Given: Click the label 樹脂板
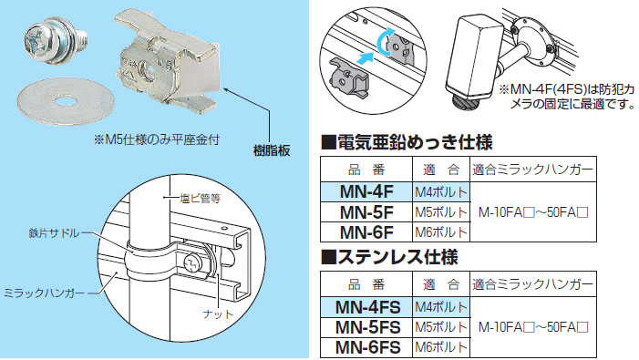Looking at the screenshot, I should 271,149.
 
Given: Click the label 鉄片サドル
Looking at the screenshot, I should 56,233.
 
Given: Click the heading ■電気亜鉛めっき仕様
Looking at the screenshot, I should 407,143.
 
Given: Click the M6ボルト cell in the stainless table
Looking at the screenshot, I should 441,346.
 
